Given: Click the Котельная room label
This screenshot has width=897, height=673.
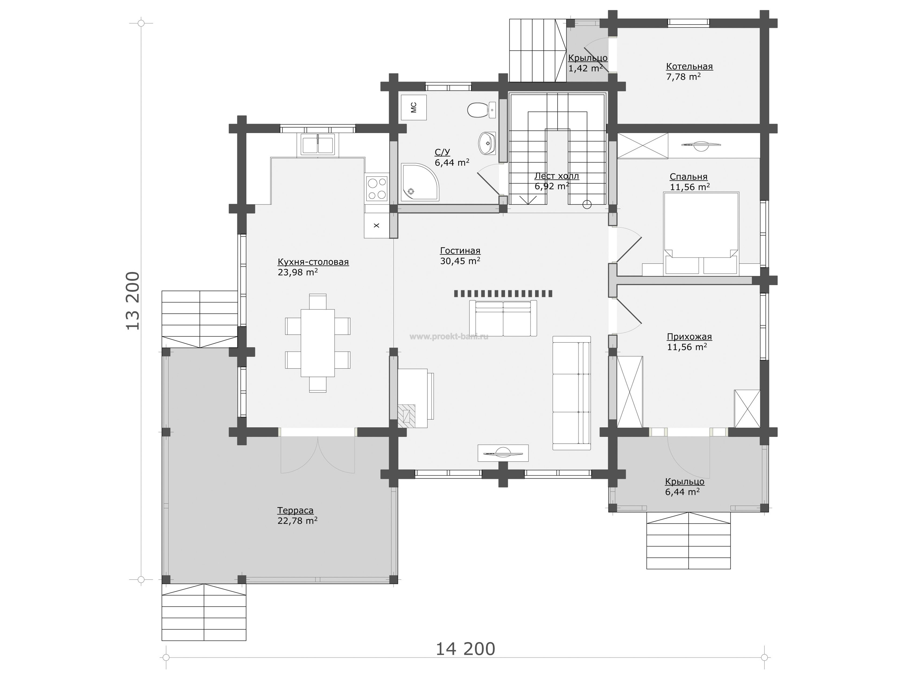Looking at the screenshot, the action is tap(690, 66).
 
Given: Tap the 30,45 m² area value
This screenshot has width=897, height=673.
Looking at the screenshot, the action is tap(460, 261).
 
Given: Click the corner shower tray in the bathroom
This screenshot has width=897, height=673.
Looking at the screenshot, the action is tap(419, 182).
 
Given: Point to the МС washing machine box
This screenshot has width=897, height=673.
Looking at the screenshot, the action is tap(414, 107).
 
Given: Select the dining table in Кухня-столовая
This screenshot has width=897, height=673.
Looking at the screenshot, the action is tap(318, 343).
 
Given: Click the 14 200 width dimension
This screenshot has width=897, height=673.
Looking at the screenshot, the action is tap(465, 649).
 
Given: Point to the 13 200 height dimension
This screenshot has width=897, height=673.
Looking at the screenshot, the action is tap(133, 301).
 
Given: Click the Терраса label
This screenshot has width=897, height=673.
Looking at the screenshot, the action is tap(295, 510).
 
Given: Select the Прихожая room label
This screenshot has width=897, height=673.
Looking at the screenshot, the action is tap(690, 337).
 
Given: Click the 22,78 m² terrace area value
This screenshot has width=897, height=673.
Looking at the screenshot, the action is tap(297, 520).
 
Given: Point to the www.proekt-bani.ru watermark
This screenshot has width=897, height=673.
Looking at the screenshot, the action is tap(449, 336).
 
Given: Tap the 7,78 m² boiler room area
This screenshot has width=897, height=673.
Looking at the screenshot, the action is tap(683, 77).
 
